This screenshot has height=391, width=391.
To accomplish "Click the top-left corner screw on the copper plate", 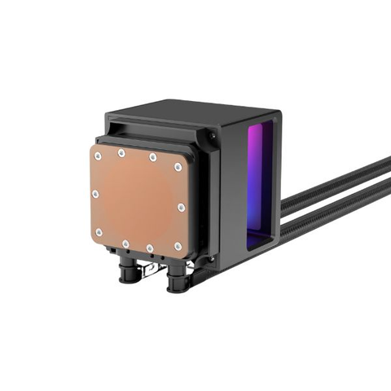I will [96, 156].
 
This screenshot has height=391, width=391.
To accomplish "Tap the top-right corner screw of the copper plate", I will [178, 168].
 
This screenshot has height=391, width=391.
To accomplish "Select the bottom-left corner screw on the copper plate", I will [100, 233].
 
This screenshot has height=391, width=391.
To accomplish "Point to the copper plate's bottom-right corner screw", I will [178, 246].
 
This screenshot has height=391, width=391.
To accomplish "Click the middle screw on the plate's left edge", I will [95, 194].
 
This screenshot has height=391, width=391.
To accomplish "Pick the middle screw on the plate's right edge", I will [181, 208].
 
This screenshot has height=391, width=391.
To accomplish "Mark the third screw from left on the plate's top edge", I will [152, 157].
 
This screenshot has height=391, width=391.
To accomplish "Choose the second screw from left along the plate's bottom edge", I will [125, 243].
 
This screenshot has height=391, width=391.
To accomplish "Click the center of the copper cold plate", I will [138, 200].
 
